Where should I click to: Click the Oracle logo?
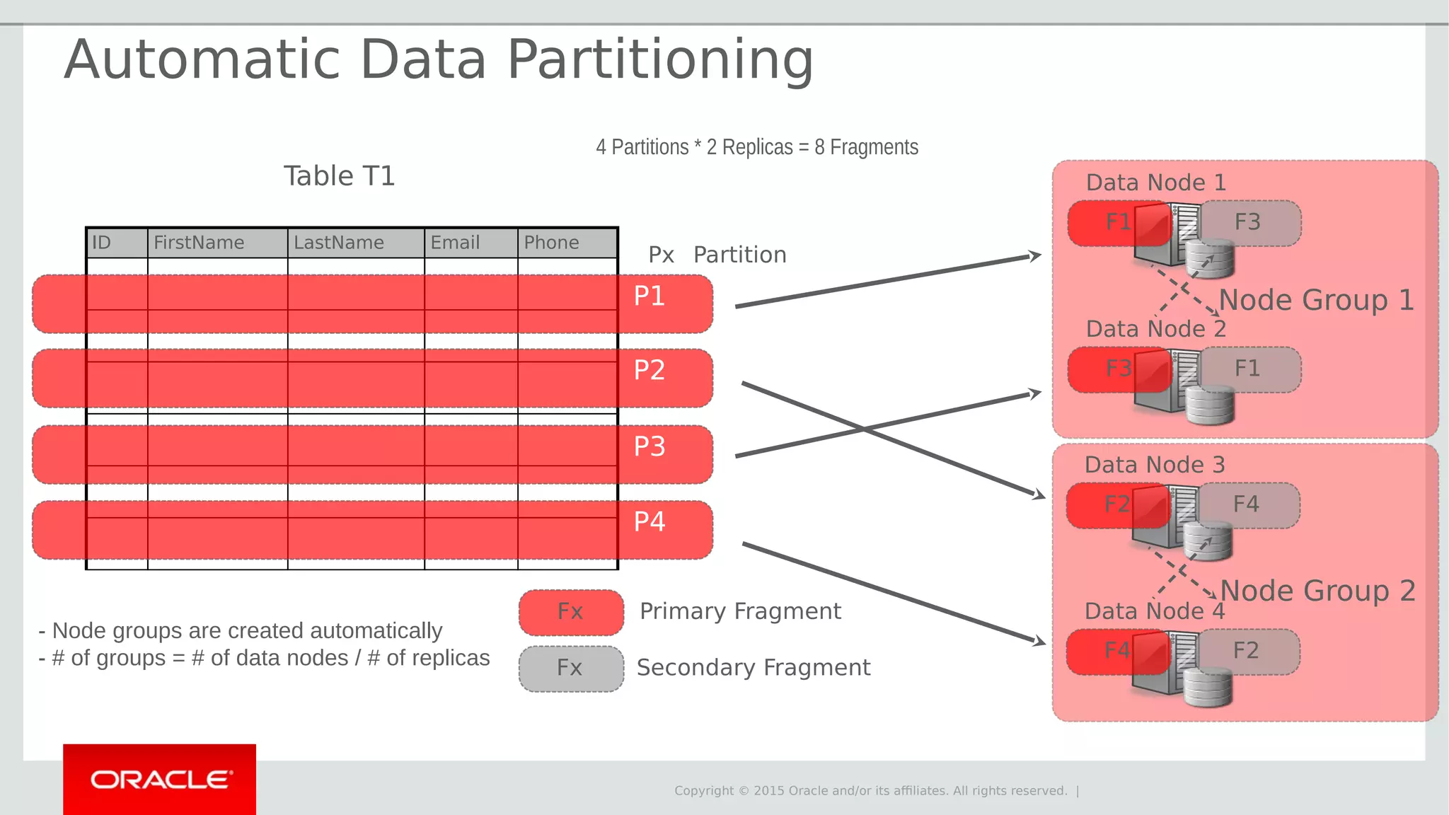[160, 780]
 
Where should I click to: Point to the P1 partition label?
[649, 296]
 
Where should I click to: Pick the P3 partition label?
[649, 446]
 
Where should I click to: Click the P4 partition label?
[649, 521]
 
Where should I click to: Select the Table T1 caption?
[339, 175]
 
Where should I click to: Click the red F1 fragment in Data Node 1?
[1111, 223]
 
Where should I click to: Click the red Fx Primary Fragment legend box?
[570, 612]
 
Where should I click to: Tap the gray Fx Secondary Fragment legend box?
[570, 668]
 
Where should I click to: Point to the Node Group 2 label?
[1317, 591]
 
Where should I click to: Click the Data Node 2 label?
[1155, 329]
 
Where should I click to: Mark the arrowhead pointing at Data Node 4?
[1039, 641]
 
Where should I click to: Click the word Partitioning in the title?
[660, 61]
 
